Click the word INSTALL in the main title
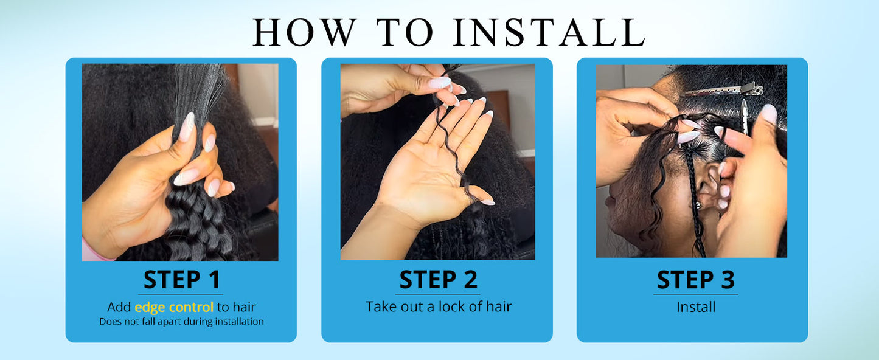click(549, 32)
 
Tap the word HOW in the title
click(305, 32)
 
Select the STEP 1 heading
click(181, 280)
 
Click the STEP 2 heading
click(438, 280)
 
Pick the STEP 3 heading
click(695, 280)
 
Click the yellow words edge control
click(174, 307)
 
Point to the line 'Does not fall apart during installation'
click(181, 322)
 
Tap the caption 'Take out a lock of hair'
click(439, 306)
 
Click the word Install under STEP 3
click(696, 306)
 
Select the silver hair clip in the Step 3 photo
click(722, 90)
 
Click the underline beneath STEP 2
click(437, 294)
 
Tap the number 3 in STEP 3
click(728, 280)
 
